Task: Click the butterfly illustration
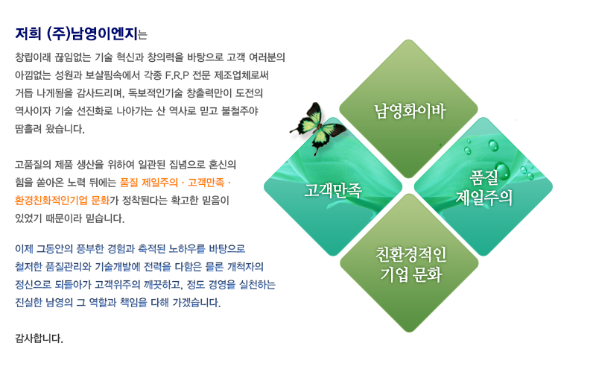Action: tap(318, 128)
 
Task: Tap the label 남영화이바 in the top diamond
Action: tap(410, 111)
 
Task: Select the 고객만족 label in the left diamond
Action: tap(332, 189)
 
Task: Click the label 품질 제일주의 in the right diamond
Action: tap(484, 187)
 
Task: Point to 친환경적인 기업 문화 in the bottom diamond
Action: tap(411, 265)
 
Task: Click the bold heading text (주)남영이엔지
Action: tap(92, 34)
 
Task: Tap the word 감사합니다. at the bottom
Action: tap(39, 338)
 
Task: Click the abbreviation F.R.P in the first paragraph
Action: tap(177, 75)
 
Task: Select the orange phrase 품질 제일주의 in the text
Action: tap(148, 183)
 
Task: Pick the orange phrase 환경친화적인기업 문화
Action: tap(62, 201)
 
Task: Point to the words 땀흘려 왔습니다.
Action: tap(50, 129)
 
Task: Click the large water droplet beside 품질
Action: tap(502, 171)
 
